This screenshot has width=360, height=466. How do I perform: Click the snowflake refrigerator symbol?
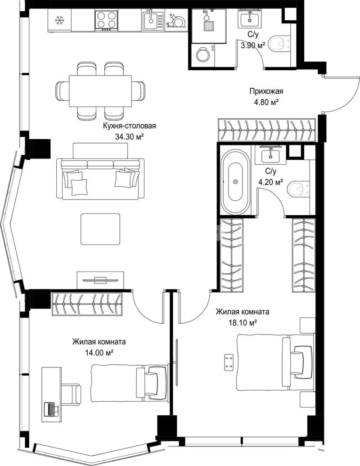coord(60,20)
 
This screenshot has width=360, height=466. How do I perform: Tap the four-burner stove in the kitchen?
coord(106,20)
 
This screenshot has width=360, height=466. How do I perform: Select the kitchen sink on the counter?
coord(153,20)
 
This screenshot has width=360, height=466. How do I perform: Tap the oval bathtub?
coord(235,181)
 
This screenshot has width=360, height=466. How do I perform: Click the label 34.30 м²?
coord(129,137)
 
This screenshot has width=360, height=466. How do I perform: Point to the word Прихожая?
coord(266,91)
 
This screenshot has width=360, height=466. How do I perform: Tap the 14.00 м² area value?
coord(99,353)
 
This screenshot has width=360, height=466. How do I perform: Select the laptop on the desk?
coord(51,409)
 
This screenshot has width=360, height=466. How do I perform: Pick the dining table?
coord(100,90)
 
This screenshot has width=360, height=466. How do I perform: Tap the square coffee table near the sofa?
coord(100,229)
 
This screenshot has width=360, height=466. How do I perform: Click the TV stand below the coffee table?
coord(100,280)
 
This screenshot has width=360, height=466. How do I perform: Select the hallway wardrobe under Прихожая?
coord(266,130)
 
